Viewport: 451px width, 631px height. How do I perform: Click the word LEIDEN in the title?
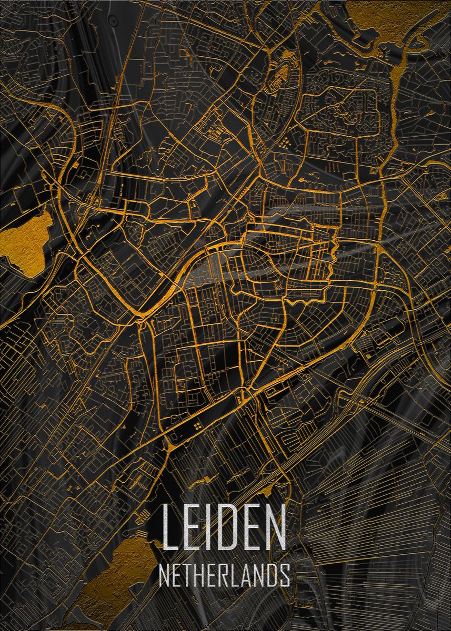tap(224, 527)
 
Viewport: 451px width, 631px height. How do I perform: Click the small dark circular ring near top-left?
tap(113, 19)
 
